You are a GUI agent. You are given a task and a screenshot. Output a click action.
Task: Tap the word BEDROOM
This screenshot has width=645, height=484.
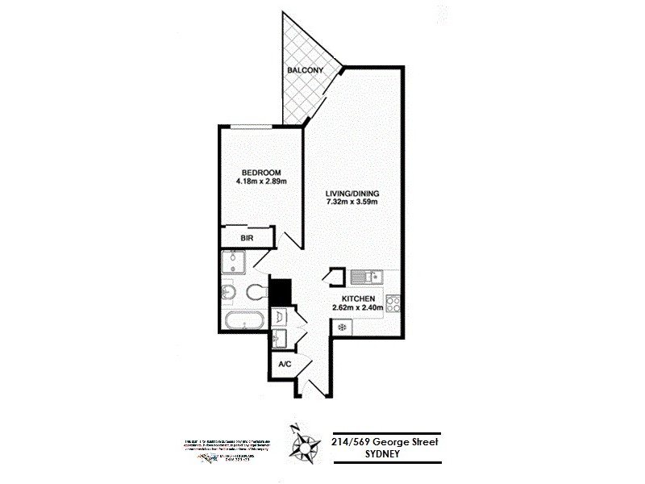[261, 172]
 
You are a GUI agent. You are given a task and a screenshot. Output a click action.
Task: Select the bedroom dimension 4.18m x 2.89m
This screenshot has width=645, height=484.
[261, 181]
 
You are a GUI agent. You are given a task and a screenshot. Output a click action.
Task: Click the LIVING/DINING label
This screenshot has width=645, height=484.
[352, 194]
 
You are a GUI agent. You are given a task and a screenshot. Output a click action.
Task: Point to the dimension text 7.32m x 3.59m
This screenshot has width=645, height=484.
[352, 203]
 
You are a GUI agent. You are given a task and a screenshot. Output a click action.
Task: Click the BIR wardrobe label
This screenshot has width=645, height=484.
[248, 238]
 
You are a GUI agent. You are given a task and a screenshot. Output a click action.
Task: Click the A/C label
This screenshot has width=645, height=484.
[285, 365]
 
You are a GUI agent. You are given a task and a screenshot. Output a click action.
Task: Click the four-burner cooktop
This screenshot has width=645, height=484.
[393, 304]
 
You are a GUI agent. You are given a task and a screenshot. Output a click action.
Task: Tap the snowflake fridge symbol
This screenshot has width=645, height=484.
[342, 328]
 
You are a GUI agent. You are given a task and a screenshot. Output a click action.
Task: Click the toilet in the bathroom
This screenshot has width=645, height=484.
[257, 290]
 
